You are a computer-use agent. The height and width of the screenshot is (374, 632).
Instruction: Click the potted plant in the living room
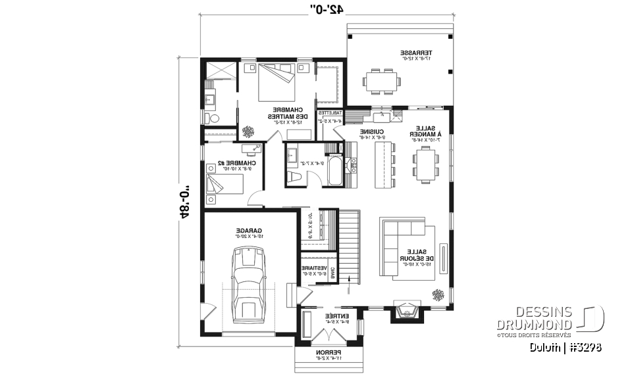438,294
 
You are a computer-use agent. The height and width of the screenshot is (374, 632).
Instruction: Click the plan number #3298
587,347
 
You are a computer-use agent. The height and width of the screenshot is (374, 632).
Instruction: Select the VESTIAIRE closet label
315,269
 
